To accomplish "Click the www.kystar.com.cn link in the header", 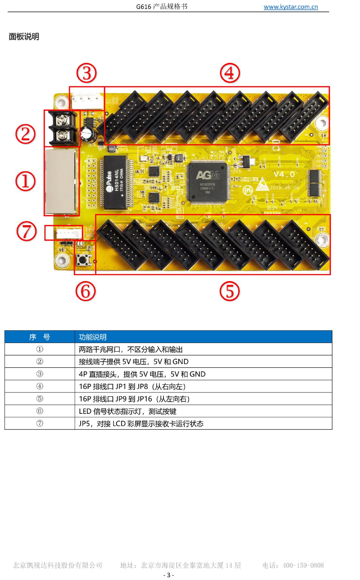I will coord(291,7).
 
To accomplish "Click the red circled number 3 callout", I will coord(87,73).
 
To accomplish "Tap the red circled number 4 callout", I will coord(230,73).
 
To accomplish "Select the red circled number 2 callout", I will coord(25,134).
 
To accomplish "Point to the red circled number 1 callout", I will coord(25,181).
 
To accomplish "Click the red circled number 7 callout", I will coord(27,231).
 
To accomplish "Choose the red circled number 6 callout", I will coord(85,291).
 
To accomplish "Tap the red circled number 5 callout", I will coord(230,291).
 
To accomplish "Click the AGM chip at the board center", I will coord(207,182).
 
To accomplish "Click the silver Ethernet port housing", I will coord(61,181).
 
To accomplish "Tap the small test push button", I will coord(83,260).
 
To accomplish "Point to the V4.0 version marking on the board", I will coord(284,174).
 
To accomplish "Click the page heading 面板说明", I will coord(24,37).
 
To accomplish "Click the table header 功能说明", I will coord(93,337).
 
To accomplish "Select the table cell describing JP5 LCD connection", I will coord(141,423).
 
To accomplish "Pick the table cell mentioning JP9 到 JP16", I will coord(134,399).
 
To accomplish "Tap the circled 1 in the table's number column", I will coord(40,349).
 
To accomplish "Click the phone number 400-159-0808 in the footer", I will coord(303,565).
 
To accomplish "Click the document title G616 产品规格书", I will coord(162,7).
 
